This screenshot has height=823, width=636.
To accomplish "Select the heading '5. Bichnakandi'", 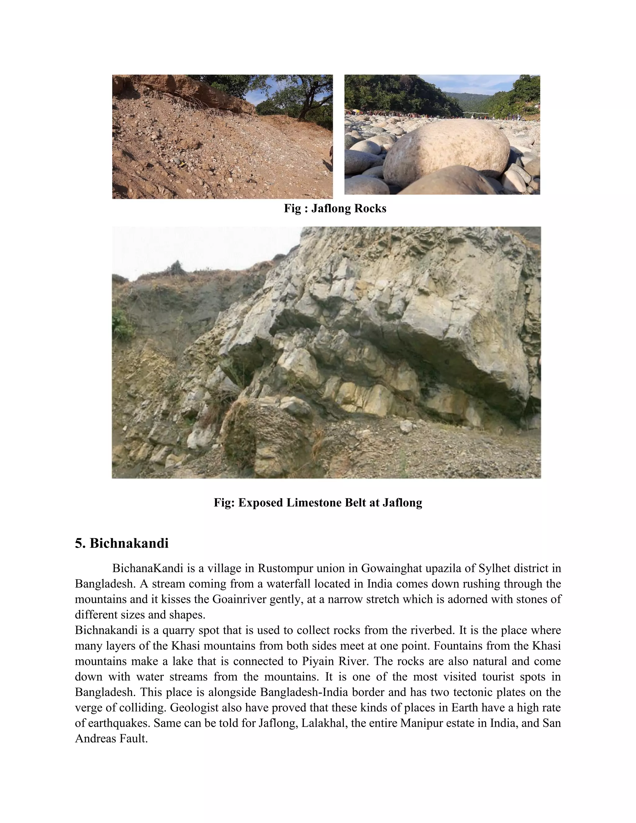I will [121, 543].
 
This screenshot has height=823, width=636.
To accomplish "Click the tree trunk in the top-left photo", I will [307, 102].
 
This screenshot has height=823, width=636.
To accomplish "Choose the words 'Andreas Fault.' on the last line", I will [111, 739].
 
